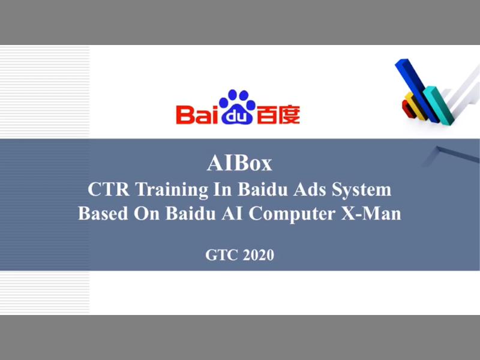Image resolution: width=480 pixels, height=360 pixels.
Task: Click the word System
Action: click(x=361, y=190)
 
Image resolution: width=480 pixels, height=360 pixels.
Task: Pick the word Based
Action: click(x=101, y=214)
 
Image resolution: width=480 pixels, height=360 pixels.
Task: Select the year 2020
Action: click(x=259, y=255)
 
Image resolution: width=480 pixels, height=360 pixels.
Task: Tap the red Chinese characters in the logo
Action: click(x=278, y=114)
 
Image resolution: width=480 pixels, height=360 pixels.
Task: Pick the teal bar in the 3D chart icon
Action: click(x=436, y=103)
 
